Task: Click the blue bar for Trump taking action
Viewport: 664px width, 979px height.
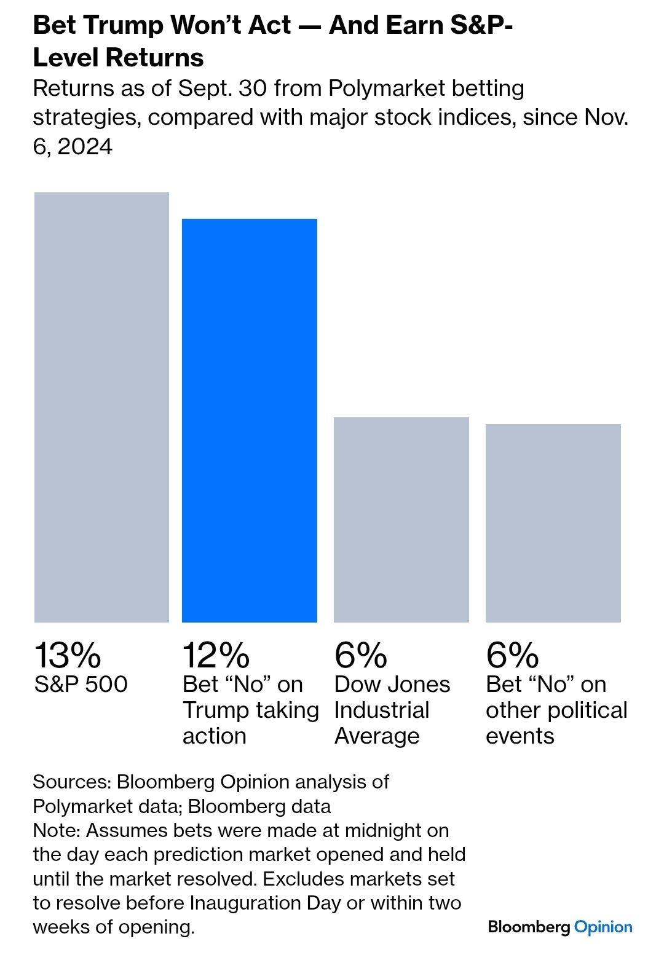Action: click(249, 420)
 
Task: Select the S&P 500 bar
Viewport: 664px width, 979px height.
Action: click(101, 407)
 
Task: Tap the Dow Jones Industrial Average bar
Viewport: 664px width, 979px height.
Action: click(401, 519)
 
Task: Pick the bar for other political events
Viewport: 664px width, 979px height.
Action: click(553, 522)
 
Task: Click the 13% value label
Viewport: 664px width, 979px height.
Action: click(67, 655)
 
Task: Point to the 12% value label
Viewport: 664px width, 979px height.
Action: click(216, 655)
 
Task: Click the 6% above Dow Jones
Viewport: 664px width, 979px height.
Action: click(361, 655)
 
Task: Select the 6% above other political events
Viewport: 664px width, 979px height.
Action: click(512, 655)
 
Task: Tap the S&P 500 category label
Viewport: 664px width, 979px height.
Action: click(81, 684)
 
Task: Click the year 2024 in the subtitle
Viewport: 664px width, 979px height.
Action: click(85, 147)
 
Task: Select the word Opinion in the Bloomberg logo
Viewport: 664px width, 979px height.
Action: click(603, 927)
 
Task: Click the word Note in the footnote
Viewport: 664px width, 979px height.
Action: click(57, 830)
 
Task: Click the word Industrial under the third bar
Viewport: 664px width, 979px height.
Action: click(382, 710)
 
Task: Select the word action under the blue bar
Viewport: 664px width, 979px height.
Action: click(214, 736)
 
